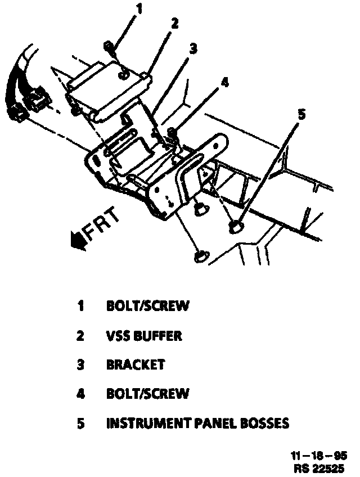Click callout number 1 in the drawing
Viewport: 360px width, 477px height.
pos(139,9)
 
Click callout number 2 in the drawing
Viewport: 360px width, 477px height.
pos(174,23)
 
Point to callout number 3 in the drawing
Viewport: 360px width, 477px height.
pos(193,49)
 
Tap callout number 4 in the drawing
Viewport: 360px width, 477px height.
pos(224,82)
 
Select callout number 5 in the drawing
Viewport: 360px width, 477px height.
pos(302,115)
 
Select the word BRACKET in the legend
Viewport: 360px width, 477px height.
pos(135,364)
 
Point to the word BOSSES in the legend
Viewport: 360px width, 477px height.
pos(264,423)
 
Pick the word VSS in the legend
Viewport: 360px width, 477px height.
pos(117,336)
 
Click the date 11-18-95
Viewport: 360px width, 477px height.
pos(319,456)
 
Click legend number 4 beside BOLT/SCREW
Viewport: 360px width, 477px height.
pos(81,394)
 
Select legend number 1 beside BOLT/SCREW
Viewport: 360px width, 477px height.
pos(81,307)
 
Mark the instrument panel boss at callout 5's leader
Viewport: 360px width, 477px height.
pos(236,227)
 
